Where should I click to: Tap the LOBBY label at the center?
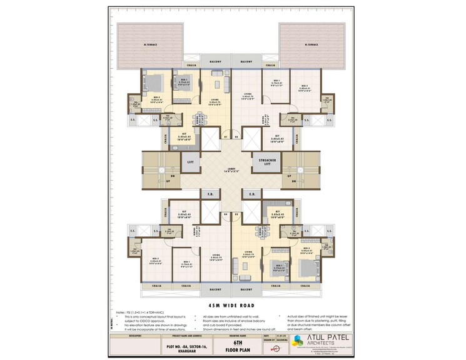click(232, 170)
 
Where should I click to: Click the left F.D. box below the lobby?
click(211, 194)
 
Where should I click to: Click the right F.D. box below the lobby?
click(251, 194)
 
